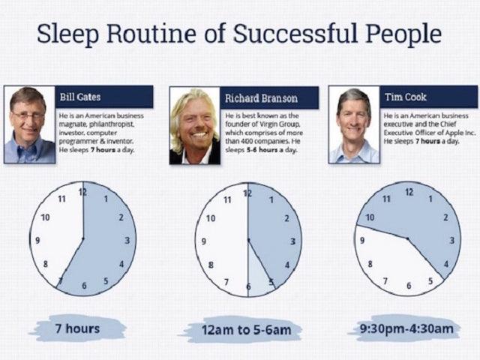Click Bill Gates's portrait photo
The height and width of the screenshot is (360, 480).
point(28,124)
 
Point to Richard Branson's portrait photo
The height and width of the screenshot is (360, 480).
point(193,126)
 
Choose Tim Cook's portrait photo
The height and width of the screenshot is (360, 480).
point(353,125)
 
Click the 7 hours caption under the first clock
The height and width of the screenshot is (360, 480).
point(76,328)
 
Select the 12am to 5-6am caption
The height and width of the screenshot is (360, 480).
point(248,328)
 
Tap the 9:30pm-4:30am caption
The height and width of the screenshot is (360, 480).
point(406,328)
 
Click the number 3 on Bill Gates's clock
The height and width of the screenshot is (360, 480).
point(127,241)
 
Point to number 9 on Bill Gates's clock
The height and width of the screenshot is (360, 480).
point(37,241)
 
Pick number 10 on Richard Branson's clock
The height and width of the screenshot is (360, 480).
point(211,218)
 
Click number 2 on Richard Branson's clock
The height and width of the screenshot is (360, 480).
point(286,218)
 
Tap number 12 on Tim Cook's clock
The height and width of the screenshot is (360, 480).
point(409,192)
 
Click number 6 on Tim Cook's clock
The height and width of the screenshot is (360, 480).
point(409,286)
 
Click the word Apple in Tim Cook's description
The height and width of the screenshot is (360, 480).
point(438,133)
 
